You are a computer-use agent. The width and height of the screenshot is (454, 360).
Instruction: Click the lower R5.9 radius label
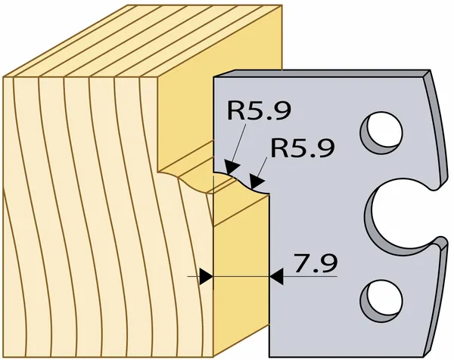coord(303,147)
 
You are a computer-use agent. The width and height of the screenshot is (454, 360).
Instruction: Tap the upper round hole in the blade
coord(381,133)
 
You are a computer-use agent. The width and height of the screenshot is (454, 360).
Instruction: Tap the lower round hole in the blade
coord(381,301)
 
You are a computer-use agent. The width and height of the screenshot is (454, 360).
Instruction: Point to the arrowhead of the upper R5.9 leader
coord(232,168)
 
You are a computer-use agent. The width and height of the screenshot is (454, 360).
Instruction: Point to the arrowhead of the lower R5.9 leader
coord(257,183)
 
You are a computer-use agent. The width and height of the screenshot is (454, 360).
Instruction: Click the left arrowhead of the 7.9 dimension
coord(207,277)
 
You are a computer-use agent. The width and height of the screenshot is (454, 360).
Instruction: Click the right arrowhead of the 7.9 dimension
coord(276,277)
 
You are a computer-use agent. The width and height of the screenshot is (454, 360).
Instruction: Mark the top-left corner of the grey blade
coord(213,77)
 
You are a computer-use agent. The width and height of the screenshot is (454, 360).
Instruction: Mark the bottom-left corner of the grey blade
coord(269,357)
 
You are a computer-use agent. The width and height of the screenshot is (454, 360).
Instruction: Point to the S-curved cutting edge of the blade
coord(241,182)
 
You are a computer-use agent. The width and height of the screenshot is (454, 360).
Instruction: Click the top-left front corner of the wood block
coord(4,77)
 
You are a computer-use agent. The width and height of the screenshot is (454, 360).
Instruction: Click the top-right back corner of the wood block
coord(281,5)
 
